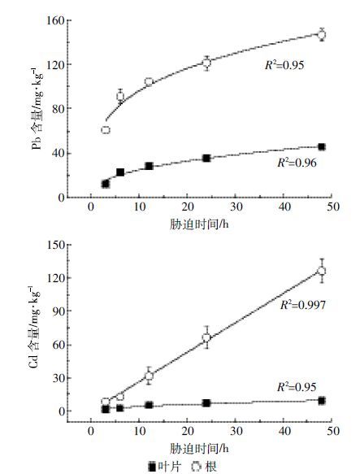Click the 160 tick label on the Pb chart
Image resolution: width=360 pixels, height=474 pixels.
click(x=55, y=20)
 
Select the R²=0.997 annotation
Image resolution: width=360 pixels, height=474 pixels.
click(x=303, y=305)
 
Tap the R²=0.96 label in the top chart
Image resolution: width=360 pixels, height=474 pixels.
click(x=297, y=163)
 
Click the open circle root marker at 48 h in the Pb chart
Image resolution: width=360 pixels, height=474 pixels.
click(x=322, y=34)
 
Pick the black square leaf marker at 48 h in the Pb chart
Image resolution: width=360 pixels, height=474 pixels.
click(x=322, y=147)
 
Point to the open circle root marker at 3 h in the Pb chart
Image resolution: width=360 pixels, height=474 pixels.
click(x=106, y=130)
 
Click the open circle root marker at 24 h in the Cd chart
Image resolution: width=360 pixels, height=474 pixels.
click(x=206, y=337)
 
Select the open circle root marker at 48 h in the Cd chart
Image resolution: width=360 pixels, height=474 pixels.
click(x=322, y=271)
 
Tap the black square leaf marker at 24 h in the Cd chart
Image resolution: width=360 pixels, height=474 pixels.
click(x=206, y=403)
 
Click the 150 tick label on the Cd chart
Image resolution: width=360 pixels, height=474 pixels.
click(x=55, y=245)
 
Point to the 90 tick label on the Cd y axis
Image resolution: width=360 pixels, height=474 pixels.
click(x=59, y=311)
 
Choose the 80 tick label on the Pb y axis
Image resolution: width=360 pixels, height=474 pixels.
click(x=59, y=108)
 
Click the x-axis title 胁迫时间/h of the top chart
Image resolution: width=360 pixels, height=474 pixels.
click(x=199, y=224)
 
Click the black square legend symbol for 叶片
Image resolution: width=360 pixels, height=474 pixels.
click(x=153, y=467)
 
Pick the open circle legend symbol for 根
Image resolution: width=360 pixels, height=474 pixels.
click(x=197, y=467)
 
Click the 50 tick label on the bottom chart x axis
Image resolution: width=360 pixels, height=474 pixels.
click(x=332, y=431)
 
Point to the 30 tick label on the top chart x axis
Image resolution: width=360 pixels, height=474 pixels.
click(x=236, y=207)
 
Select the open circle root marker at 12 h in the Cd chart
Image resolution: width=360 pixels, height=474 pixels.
click(x=149, y=376)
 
